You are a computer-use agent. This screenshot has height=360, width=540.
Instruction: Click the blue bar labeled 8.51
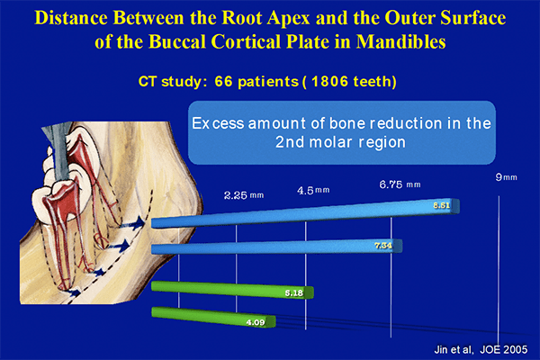[305, 213]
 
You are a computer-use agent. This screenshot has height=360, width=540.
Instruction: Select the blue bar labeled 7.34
[276, 247]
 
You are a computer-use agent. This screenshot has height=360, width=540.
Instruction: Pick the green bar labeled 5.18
[232, 290]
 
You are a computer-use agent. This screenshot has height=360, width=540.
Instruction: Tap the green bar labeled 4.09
[213, 317]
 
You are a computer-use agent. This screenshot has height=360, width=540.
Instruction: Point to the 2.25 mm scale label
[244, 195]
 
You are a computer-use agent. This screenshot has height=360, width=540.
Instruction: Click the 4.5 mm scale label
[313, 190]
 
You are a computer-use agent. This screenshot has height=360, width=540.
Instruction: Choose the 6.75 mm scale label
[400, 184]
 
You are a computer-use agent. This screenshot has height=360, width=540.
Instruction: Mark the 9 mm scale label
[506, 177]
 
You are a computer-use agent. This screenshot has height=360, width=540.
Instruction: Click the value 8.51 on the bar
[442, 206]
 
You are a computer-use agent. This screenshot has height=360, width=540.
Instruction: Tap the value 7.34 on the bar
[383, 246]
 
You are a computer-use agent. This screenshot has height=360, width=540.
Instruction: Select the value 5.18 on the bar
[293, 293]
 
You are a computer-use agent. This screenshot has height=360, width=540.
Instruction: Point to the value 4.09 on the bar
[256, 322]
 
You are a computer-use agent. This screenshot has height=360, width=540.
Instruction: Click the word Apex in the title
[289, 17]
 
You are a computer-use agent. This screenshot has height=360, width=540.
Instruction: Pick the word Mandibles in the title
[400, 41]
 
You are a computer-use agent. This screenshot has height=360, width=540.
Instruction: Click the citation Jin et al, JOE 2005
[481, 350]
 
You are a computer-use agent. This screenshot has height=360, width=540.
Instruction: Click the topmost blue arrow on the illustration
[132, 223]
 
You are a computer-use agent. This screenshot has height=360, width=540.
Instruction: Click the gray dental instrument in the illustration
[61, 151]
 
